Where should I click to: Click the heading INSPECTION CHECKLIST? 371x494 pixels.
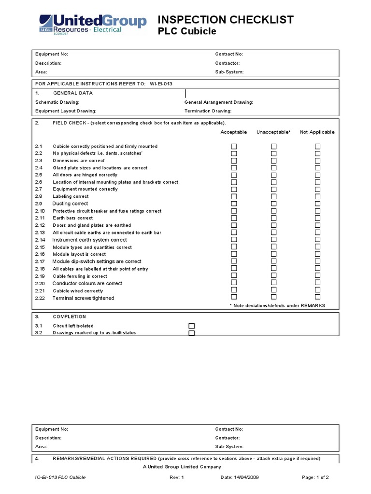click(x=226, y=19)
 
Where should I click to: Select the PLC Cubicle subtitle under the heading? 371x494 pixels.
click(x=187, y=32)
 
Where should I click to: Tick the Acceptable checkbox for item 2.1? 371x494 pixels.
click(x=234, y=146)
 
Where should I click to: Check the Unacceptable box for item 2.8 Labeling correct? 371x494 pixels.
click(x=274, y=196)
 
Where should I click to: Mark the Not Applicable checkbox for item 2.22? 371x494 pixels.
click(x=317, y=297)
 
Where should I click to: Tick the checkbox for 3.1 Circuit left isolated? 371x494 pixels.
click(x=191, y=326)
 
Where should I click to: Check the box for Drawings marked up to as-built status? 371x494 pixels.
click(x=191, y=333)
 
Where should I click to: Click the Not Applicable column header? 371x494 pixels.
click(x=317, y=132)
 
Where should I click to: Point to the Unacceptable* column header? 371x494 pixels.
click(x=273, y=132)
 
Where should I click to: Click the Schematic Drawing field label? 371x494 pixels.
click(x=57, y=102)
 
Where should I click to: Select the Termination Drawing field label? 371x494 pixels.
click(x=208, y=111)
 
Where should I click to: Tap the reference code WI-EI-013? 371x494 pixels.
click(x=161, y=83)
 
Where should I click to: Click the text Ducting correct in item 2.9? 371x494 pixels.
click(x=70, y=204)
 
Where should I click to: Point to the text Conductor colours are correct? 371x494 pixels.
click(x=87, y=283)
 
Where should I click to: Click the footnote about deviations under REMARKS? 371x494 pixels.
click(x=277, y=306)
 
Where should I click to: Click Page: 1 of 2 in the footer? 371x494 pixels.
click(x=315, y=477)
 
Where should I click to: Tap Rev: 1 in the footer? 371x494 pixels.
click(x=177, y=477)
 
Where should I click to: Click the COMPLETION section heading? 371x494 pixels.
click(x=69, y=316)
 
